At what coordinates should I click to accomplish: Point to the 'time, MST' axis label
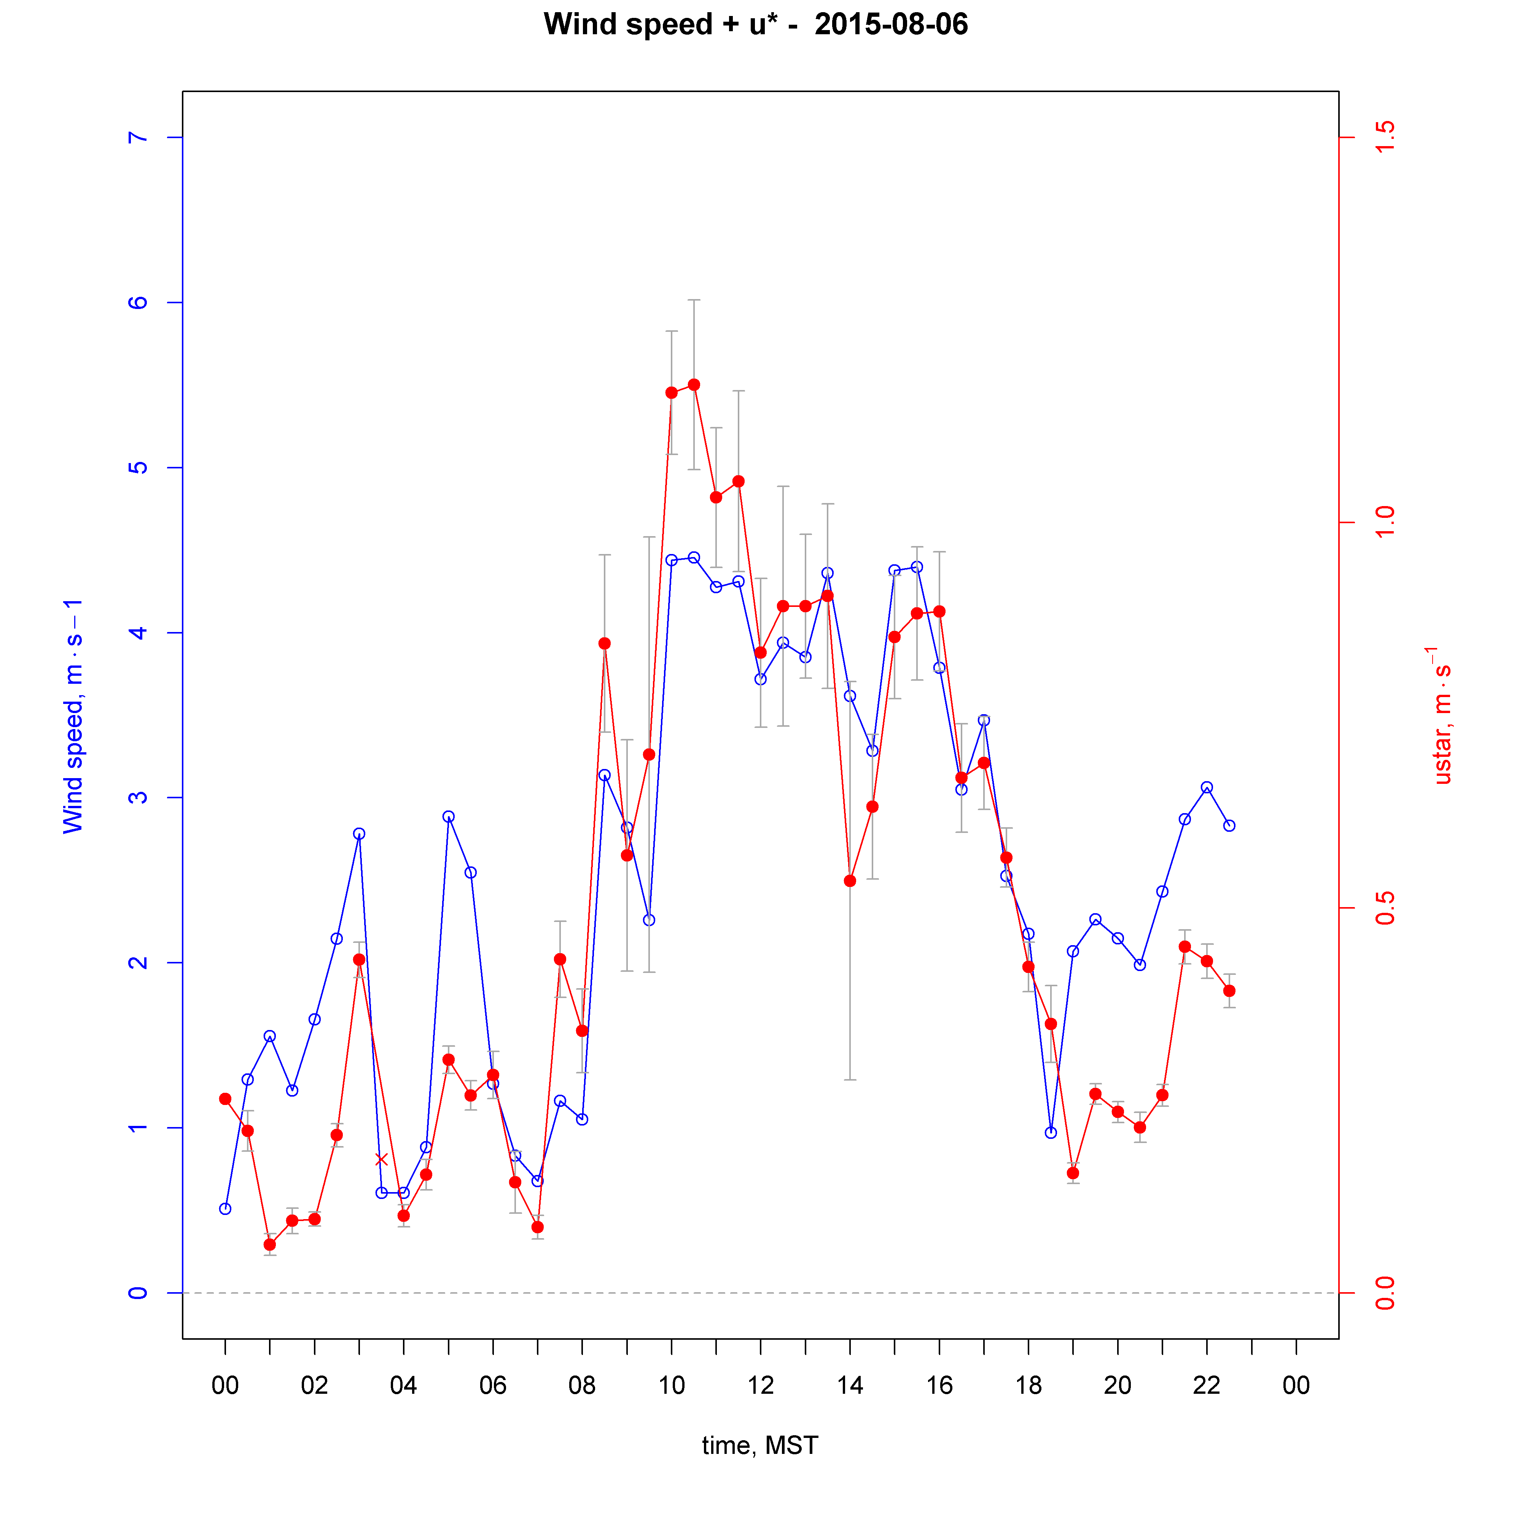pyautogui.click(x=759, y=1446)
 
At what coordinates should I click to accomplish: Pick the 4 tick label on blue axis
pyautogui.click(x=138, y=633)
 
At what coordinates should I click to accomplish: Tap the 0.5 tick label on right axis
pyautogui.click(x=1384, y=907)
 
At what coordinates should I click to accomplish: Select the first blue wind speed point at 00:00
pyautogui.click(x=225, y=1208)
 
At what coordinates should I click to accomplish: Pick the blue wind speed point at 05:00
pyautogui.click(x=448, y=817)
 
